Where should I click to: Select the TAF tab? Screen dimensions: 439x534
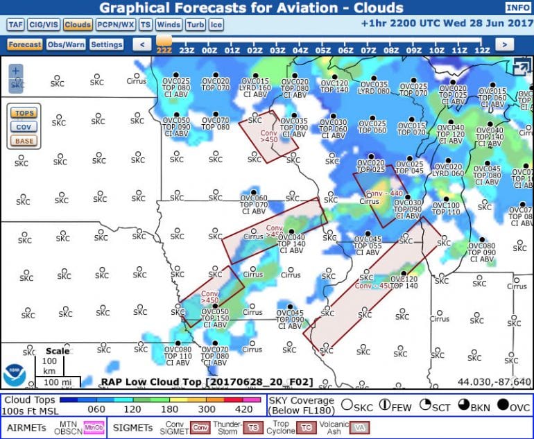click(x=15, y=24)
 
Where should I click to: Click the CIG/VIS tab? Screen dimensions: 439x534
click(x=43, y=24)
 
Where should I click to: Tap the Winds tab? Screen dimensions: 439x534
click(x=169, y=24)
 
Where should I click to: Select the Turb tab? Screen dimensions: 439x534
click(x=195, y=24)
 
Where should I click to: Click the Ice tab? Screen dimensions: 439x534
click(x=216, y=24)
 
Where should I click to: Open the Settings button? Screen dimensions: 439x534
click(x=106, y=44)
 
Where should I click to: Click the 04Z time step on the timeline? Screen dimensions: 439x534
click(x=300, y=51)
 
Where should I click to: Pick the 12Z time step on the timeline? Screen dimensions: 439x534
click(x=481, y=51)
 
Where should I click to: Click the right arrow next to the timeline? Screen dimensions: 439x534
click(x=504, y=44)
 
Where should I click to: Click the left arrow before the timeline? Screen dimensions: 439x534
click(x=141, y=44)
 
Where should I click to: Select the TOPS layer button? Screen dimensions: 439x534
click(x=24, y=113)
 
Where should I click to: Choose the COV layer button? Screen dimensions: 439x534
click(x=24, y=127)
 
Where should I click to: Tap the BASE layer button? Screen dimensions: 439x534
click(x=24, y=141)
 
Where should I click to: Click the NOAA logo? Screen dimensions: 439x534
click(x=15, y=375)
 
